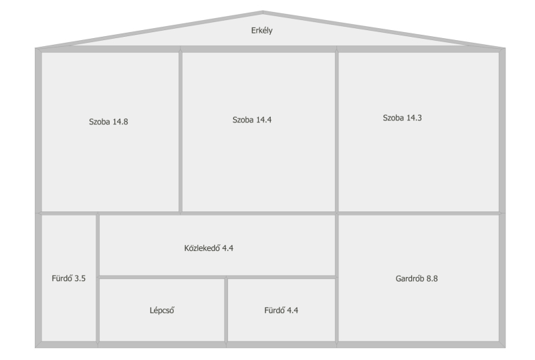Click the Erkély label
[261, 31]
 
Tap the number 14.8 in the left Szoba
[120, 122]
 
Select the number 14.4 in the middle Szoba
[263, 120]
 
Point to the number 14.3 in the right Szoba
[414, 118]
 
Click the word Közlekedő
[202, 248]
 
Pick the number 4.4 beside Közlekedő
[228, 248]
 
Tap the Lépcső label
[162, 310]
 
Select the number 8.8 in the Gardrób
[432, 279]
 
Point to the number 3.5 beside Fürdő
[80, 278]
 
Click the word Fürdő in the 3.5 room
[62, 278]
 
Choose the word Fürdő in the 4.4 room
[274, 310]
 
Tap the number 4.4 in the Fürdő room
[292, 310]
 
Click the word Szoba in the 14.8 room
[99, 122]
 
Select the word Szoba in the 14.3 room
[393, 118]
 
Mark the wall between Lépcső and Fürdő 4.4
[226, 310]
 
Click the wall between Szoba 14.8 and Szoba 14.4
[181, 132]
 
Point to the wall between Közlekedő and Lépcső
[162, 277]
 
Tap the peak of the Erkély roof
[263, 12]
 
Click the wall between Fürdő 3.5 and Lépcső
[98, 310]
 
